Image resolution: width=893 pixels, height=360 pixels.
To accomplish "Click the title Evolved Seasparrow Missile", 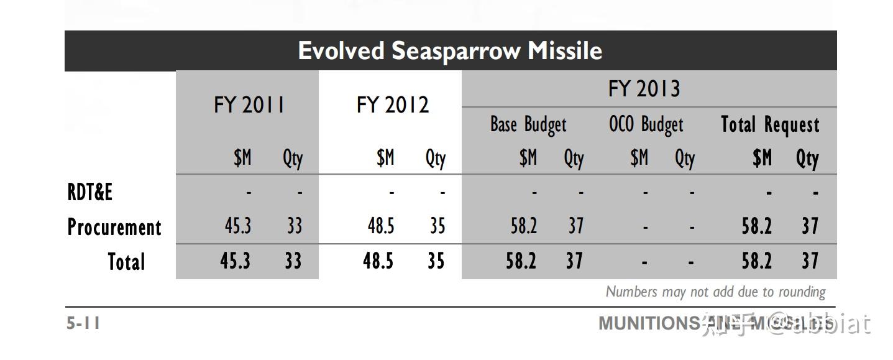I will click(450, 51).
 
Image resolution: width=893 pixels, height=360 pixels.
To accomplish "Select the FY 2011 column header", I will click(249, 105).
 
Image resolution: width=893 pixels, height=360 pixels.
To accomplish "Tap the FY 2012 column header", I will click(392, 105).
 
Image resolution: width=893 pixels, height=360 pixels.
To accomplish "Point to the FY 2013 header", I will click(644, 89).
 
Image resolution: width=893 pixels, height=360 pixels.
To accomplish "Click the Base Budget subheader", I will click(528, 125).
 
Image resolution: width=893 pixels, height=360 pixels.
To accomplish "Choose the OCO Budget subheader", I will click(646, 125).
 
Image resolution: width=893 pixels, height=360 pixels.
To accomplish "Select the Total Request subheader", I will click(770, 125).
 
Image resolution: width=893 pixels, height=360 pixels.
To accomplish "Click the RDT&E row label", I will click(90, 193).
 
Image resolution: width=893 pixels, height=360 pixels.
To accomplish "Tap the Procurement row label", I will click(114, 227).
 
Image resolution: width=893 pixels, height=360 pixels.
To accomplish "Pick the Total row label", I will click(126, 262).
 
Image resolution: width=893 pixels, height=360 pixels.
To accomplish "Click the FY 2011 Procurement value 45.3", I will click(237, 226).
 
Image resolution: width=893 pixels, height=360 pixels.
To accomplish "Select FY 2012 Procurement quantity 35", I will click(437, 226).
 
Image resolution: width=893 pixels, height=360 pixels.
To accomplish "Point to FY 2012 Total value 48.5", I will click(378, 261).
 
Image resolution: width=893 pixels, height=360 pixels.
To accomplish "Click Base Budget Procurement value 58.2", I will click(523, 226).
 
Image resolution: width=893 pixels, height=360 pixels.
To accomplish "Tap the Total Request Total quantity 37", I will click(809, 261).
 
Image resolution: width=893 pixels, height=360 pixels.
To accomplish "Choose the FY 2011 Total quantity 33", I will click(293, 261).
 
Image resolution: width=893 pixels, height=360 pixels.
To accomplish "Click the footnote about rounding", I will click(715, 292).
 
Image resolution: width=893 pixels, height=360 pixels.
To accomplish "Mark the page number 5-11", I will click(83, 323).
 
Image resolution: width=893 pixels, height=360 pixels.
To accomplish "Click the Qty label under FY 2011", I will click(292, 159).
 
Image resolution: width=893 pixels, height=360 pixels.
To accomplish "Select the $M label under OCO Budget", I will click(639, 159).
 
